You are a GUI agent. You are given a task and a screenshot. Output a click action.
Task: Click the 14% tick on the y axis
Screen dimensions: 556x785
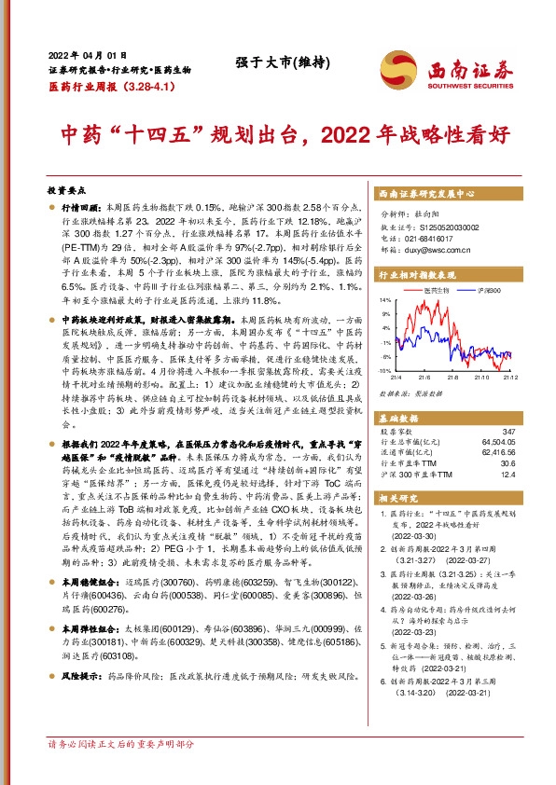tap(384, 301)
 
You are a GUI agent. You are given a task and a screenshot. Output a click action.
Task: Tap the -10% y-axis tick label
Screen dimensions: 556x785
tap(383, 370)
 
